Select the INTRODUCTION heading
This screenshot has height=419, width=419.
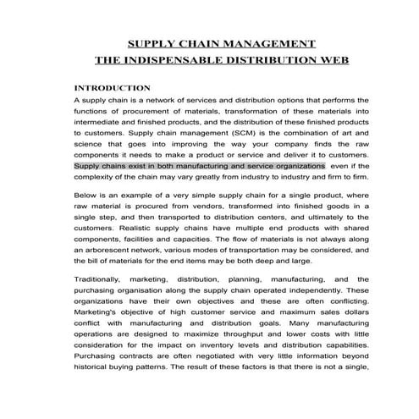[113, 88]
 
